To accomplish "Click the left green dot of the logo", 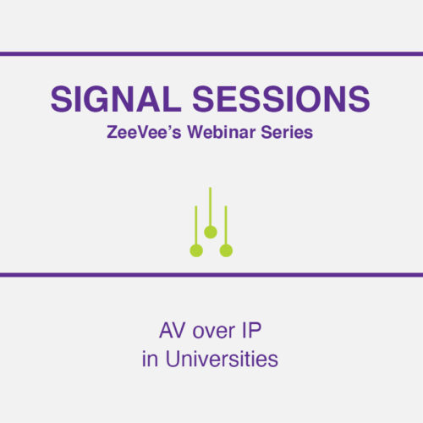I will (196, 250).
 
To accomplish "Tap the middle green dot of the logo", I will (211, 232).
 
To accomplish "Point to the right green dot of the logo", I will (226, 250).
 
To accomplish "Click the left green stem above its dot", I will (196, 224).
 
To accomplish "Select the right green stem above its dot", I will (226, 224).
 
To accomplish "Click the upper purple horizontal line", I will (211, 54).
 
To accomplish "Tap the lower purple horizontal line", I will (211, 274).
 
